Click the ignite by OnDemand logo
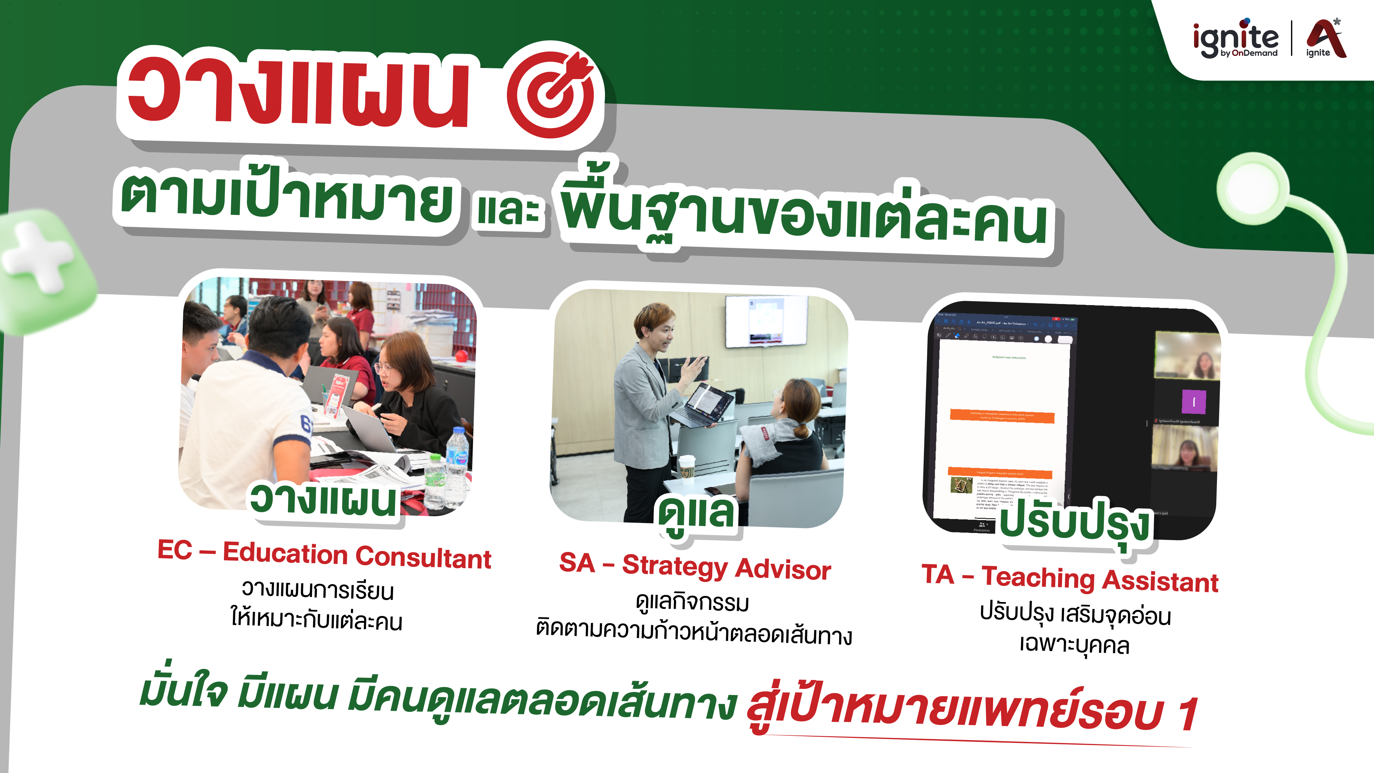tap(1235, 38)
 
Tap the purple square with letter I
tap(1194, 402)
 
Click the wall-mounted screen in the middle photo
tap(767, 321)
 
